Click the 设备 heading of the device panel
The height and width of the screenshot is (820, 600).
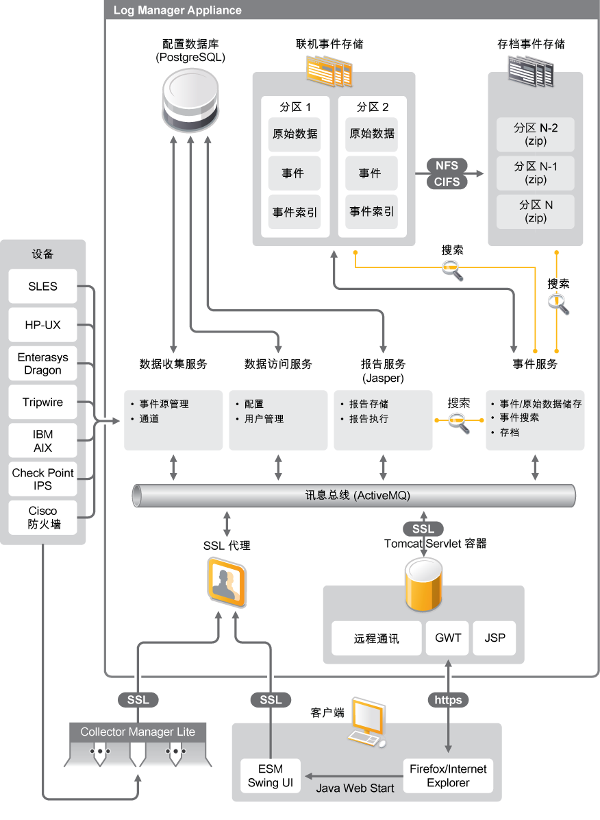point(42,254)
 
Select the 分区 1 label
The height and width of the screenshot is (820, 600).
point(295,107)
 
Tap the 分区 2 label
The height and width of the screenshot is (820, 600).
point(372,107)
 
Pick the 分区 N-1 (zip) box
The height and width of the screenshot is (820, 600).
point(536,173)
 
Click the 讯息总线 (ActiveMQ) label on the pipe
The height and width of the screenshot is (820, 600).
point(358,495)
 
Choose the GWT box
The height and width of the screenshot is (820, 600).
point(448,638)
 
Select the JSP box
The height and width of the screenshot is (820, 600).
point(495,638)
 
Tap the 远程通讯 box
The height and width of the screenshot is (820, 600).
point(376,639)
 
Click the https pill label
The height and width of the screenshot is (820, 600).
point(448,700)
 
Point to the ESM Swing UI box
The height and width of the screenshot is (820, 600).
point(271,775)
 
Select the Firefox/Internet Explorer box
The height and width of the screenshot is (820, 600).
point(448,775)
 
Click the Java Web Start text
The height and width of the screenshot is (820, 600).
point(355,788)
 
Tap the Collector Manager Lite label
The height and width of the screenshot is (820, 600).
point(138,732)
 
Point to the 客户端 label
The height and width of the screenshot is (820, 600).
point(327,713)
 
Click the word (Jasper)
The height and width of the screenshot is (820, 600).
point(383,378)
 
